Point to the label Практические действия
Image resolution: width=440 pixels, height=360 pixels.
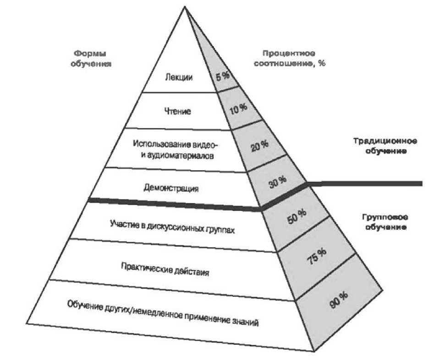coord(165,269)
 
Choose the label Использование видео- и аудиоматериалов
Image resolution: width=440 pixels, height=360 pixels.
coord(176,150)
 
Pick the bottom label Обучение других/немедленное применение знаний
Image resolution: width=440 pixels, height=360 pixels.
coord(163,313)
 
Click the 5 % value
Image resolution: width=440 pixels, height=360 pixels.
coord(223,77)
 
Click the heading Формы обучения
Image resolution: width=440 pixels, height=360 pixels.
coord(92,59)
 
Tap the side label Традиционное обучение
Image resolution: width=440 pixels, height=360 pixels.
coord(380,145)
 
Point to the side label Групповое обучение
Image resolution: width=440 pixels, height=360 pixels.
coord(380,222)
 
